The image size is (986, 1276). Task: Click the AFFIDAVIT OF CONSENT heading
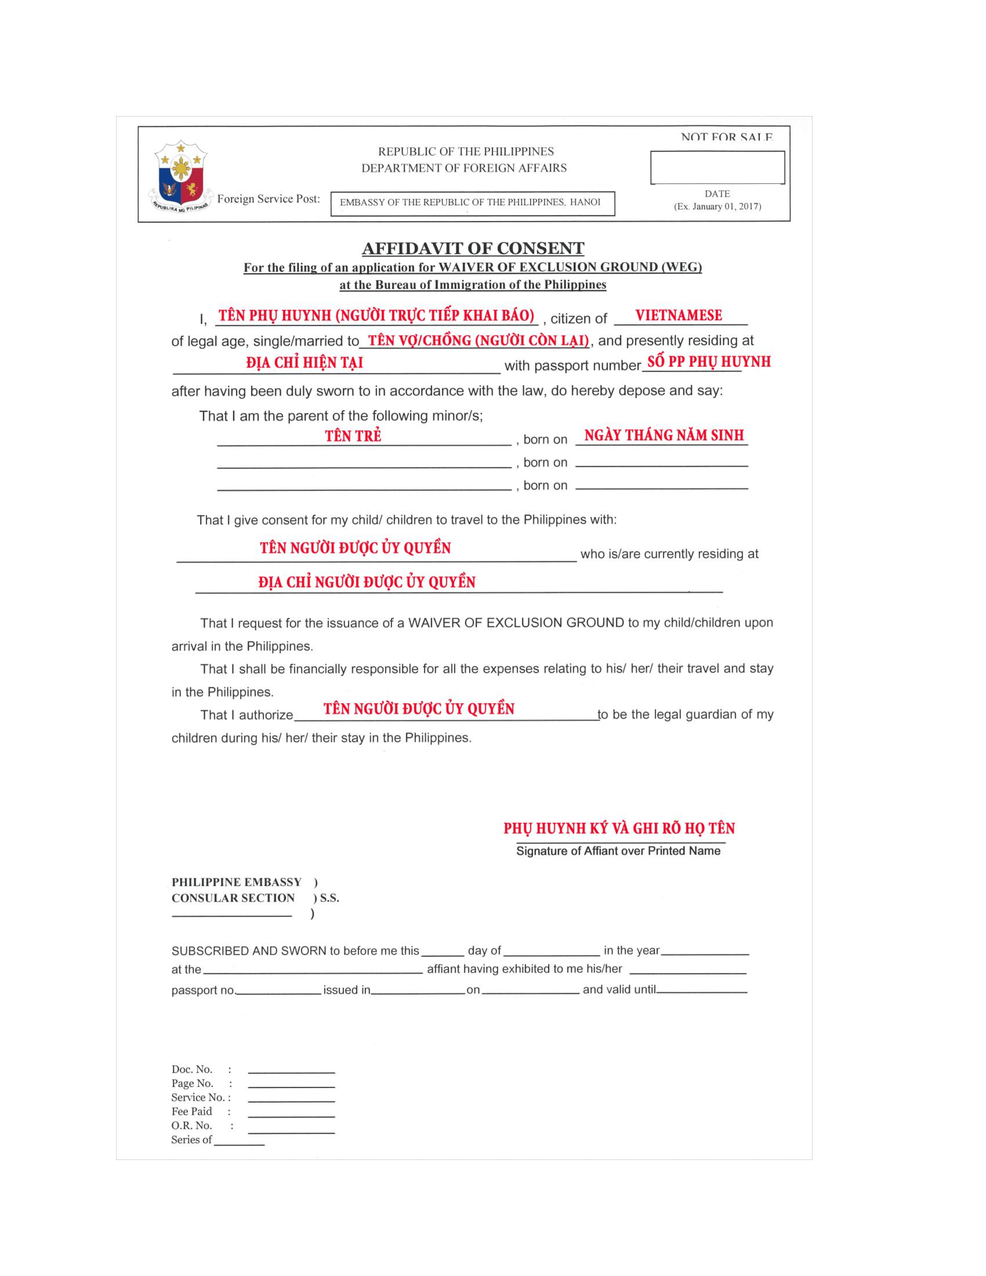(x=473, y=248)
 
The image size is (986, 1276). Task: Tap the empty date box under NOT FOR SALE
(x=717, y=168)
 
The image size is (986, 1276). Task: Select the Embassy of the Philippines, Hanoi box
(x=473, y=204)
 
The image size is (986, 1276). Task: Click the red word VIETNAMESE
(x=678, y=316)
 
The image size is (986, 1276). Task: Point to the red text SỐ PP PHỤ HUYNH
(x=709, y=362)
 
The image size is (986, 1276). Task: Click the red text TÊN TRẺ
(x=353, y=436)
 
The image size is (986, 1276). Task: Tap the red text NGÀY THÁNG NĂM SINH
(x=664, y=435)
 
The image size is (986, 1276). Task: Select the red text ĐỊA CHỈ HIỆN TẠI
(x=304, y=363)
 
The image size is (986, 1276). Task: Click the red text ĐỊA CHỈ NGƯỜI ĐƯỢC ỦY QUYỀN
(x=367, y=582)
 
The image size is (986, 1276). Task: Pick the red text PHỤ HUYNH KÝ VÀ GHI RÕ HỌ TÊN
(x=619, y=828)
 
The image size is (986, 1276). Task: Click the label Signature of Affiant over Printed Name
(x=618, y=851)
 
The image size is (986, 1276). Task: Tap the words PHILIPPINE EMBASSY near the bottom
(x=236, y=882)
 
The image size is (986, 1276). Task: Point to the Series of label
(x=191, y=1140)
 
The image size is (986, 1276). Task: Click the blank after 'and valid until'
(x=702, y=991)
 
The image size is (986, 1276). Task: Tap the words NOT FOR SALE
(x=726, y=138)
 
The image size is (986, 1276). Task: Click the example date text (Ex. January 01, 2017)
(x=717, y=206)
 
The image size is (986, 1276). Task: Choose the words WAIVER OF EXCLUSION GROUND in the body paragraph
(x=516, y=623)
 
